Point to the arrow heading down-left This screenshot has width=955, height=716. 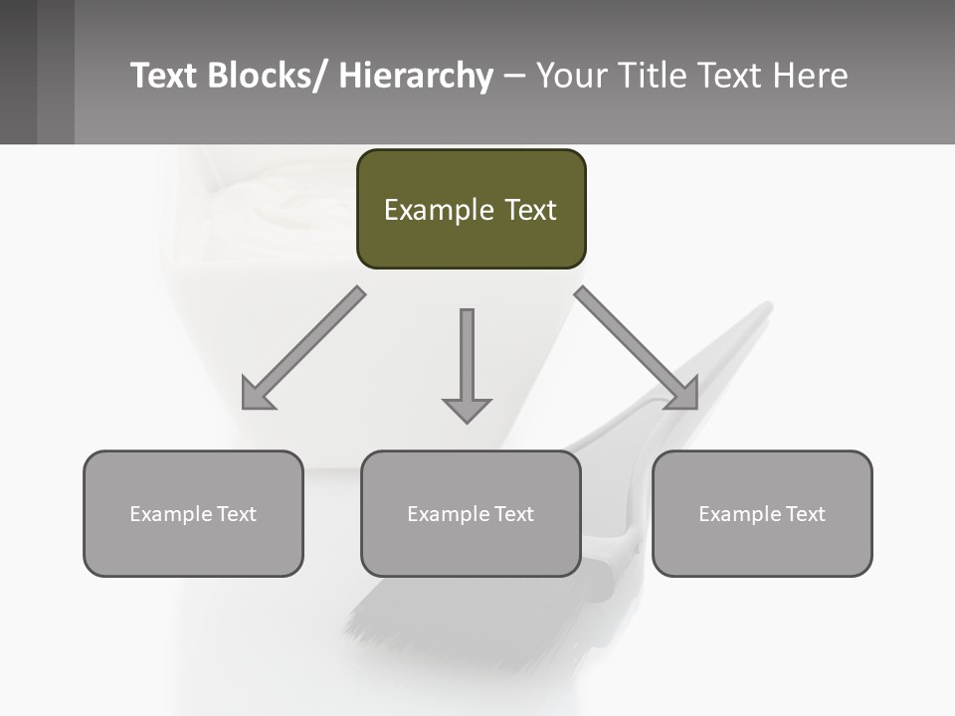click(x=303, y=348)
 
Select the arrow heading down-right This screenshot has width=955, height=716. click(x=637, y=348)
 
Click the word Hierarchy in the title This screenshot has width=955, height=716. click(x=416, y=76)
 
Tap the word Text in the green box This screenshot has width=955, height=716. click(x=530, y=210)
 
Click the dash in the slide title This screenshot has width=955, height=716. click(x=514, y=76)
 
